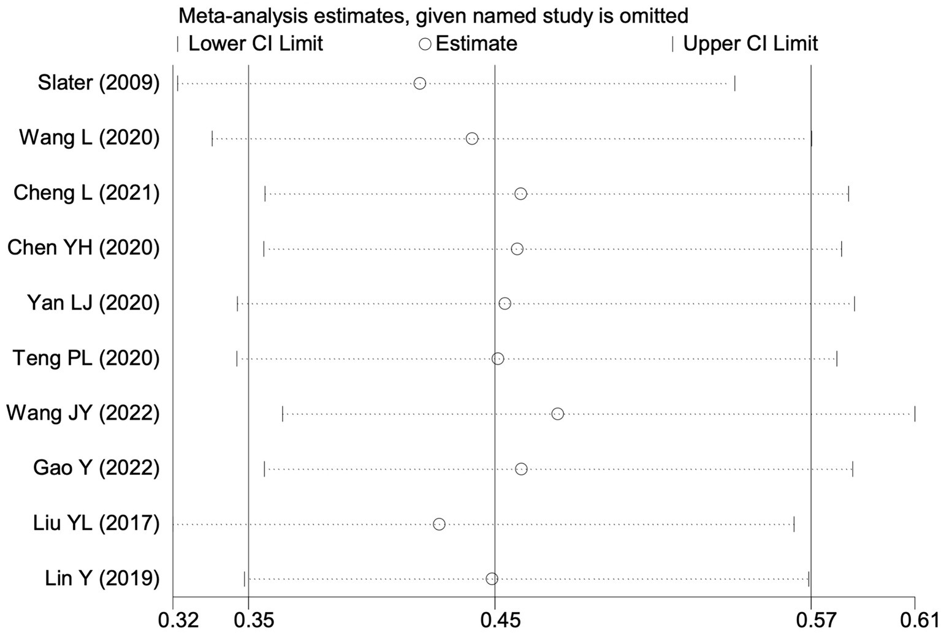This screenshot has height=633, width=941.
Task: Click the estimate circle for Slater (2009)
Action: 419,83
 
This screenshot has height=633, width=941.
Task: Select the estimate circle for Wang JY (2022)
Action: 557,414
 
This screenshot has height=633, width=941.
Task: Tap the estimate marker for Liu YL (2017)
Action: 439,524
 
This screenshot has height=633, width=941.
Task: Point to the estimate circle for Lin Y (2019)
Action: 492,579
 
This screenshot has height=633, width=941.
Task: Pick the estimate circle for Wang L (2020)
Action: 471,138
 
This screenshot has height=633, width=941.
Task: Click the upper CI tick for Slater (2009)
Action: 734,83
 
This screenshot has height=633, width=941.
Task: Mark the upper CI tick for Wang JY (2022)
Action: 915,414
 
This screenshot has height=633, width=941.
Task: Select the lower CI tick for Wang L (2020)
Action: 212,138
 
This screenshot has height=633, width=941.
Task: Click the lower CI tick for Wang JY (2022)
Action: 283,414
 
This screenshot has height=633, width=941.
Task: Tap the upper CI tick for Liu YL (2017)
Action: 794,524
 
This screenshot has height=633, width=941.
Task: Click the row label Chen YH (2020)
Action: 83,248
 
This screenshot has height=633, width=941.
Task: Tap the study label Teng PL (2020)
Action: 86,358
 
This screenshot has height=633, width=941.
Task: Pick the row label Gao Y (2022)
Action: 96,469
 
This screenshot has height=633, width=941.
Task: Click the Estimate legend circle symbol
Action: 425,44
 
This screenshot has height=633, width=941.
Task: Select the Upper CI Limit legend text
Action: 750,44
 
